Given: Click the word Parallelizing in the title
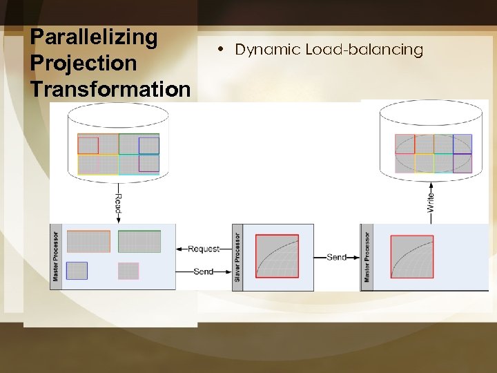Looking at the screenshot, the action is pos(95,37).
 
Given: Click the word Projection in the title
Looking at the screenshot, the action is pos(84,63).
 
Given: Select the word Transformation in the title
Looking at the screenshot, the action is pos(110,89).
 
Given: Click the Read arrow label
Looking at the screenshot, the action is pos(118,204).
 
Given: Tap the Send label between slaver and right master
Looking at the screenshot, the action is pos(336,257).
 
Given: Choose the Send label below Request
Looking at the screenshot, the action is pos(204,271).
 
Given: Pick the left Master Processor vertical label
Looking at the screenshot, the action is pos(56,256).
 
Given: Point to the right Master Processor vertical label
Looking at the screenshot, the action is pos(367,256).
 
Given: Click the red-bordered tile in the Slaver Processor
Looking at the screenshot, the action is pos(277,256).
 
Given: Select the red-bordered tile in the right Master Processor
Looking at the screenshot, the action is pos(412,257).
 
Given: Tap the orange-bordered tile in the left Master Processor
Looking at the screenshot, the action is pos(88,241).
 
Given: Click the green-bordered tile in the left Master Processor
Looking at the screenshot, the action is pos(139,241).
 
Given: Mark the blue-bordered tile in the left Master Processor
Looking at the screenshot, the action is pos(77,271).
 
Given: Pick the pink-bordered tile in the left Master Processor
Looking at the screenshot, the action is pos(128,271).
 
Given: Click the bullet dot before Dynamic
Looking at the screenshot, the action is pos(217,50).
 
